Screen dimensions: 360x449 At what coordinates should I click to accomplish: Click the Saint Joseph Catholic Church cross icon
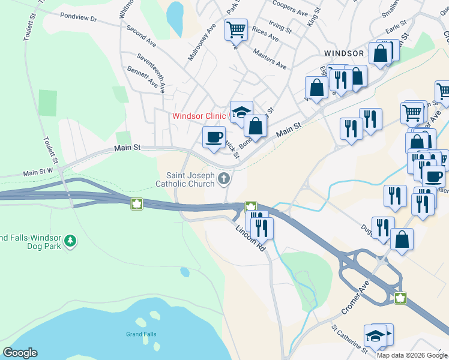coord(224,178)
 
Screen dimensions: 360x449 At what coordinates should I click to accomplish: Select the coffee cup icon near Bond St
coord(213,137)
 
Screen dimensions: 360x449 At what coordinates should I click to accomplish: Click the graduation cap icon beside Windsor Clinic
coord(241,112)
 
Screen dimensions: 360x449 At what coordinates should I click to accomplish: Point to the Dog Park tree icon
coord(71,241)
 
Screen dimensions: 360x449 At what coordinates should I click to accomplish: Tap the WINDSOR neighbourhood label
coord(343,53)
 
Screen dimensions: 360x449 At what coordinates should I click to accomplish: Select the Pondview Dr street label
coord(79,19)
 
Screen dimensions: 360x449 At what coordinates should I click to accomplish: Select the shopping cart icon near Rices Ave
coord(236,28)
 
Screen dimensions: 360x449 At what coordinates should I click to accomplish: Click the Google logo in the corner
coord(19,353)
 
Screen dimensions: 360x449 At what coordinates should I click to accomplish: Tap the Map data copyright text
coord(412,355)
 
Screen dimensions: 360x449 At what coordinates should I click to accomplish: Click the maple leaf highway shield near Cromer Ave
coord(400,298)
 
